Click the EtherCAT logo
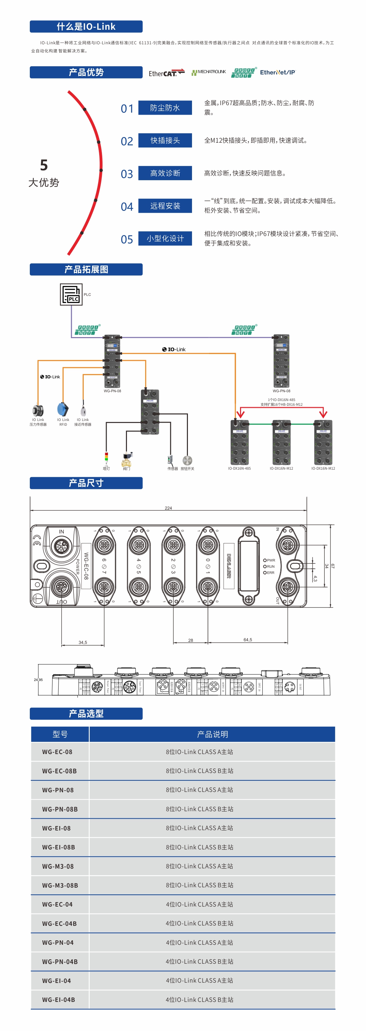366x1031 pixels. click(166, 73)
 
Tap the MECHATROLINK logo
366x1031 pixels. click(209, 72)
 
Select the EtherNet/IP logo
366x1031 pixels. click(277, 72)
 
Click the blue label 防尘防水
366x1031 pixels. click(165, 108)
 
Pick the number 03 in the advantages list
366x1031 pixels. click(127, 174)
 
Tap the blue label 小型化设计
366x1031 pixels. click(165, 238)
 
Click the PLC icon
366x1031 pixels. click(71, 295)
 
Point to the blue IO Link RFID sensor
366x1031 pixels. click(63, 409)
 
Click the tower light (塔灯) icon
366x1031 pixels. click(106, 458)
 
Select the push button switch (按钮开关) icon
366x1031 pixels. click(187, 460)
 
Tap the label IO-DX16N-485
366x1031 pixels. click(239, 468)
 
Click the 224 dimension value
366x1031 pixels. click(168, 508)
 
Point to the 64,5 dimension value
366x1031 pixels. click(248, 639)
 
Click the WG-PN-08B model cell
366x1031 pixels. click(60, 809)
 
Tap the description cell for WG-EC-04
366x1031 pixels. click(199, 904)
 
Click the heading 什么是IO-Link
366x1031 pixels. click(86, 27)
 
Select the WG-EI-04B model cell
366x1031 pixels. click(59, 999)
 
